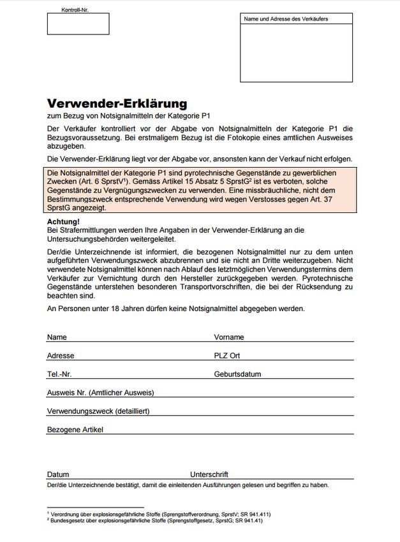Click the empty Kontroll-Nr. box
78,24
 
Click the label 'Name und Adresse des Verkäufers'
285,19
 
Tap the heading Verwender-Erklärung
117,103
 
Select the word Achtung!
63,221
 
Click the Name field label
57,337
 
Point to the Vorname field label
228,337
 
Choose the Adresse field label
61,355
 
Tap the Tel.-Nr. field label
59,374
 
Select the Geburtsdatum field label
237,374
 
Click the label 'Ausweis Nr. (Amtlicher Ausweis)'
100,393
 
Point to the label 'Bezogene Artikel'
75,430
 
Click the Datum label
58,474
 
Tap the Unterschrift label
209,474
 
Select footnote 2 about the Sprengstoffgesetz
155,520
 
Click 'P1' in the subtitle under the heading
205,116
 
